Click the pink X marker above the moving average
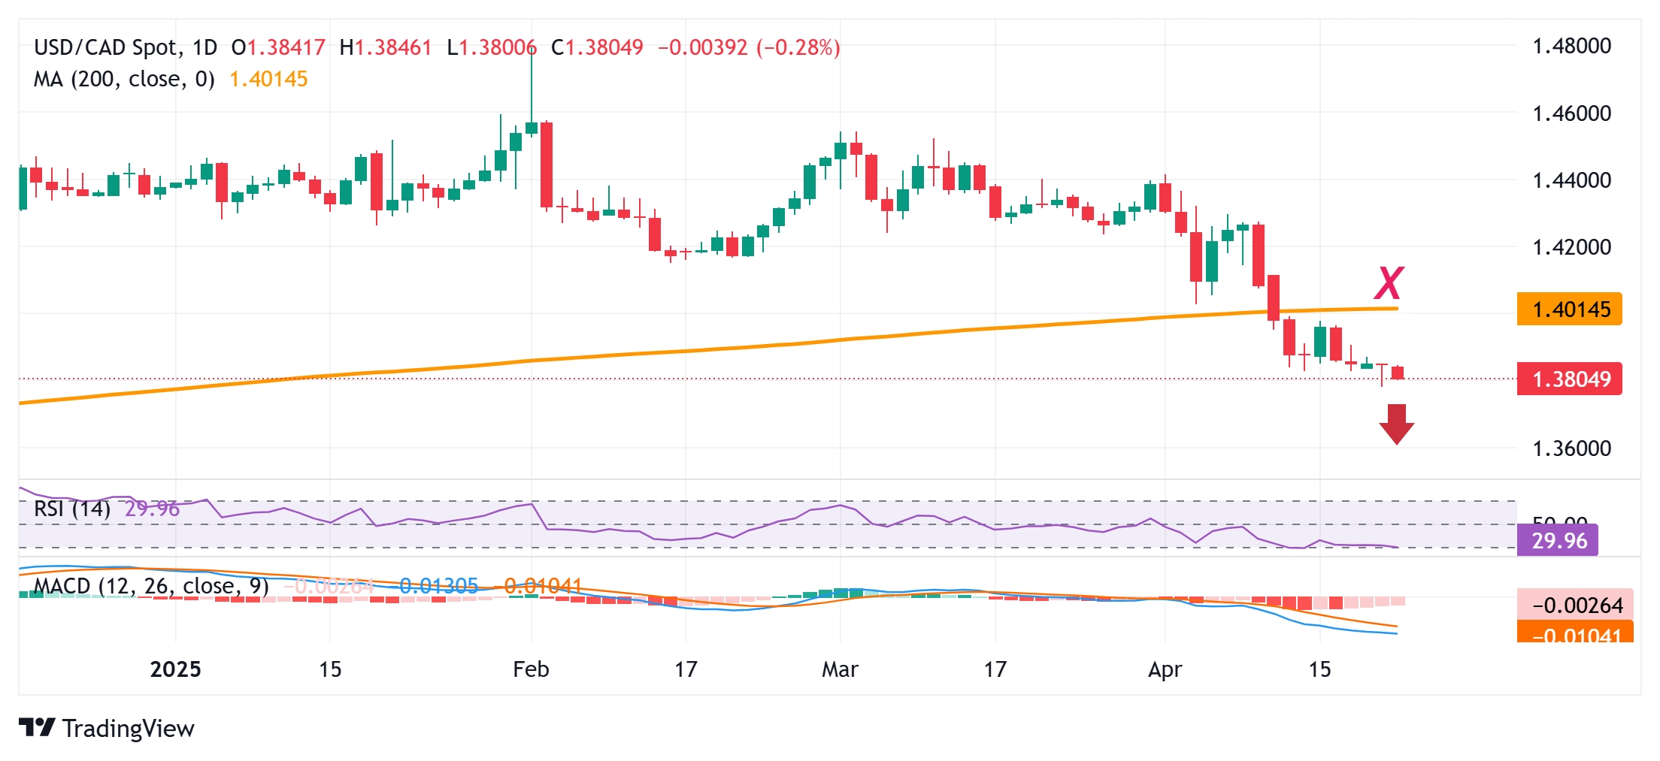(x=1389, y=283)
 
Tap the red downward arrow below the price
(x=1396, y=424)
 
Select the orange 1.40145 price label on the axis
(x=1570, y=310)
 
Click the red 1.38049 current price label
(x=1570, y=379)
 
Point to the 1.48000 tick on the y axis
(x=1571, y=47)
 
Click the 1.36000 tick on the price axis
(x=1571, y=448)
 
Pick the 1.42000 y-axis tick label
(x=1571, y=247)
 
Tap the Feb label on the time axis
(x=531, y=669)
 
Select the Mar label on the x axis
(x=840, y=669)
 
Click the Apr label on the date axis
(x=1165, y=669)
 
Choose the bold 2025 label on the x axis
(x=175, y=669)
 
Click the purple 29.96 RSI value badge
(x=1559, y=541)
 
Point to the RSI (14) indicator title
(x=72, y=509)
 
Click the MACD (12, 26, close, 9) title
(x=150, y=586)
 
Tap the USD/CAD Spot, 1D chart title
(x=126, y=47)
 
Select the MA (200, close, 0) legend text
(x=124, y=79)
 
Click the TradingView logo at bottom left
(x=106, y=728)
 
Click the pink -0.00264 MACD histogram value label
(x=1574, y=605)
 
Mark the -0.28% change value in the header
(x=798, y=47)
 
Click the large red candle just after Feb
(x=547, y=165)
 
